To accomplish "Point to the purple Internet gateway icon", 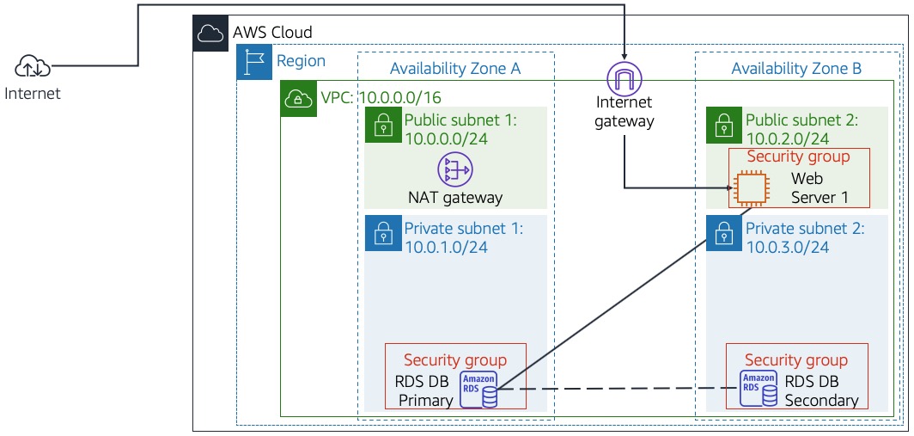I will tap(625, 79).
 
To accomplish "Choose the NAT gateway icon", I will tap(454, 170).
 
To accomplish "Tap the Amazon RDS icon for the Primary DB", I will tap(478, 389).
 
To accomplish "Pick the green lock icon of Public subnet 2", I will tap(722, 126).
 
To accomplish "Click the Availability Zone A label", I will tap(455, 69).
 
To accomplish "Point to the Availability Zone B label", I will tap(796, 69).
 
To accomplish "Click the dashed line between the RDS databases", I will tap(618, 390).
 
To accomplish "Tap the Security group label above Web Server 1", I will tap(798, 157).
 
